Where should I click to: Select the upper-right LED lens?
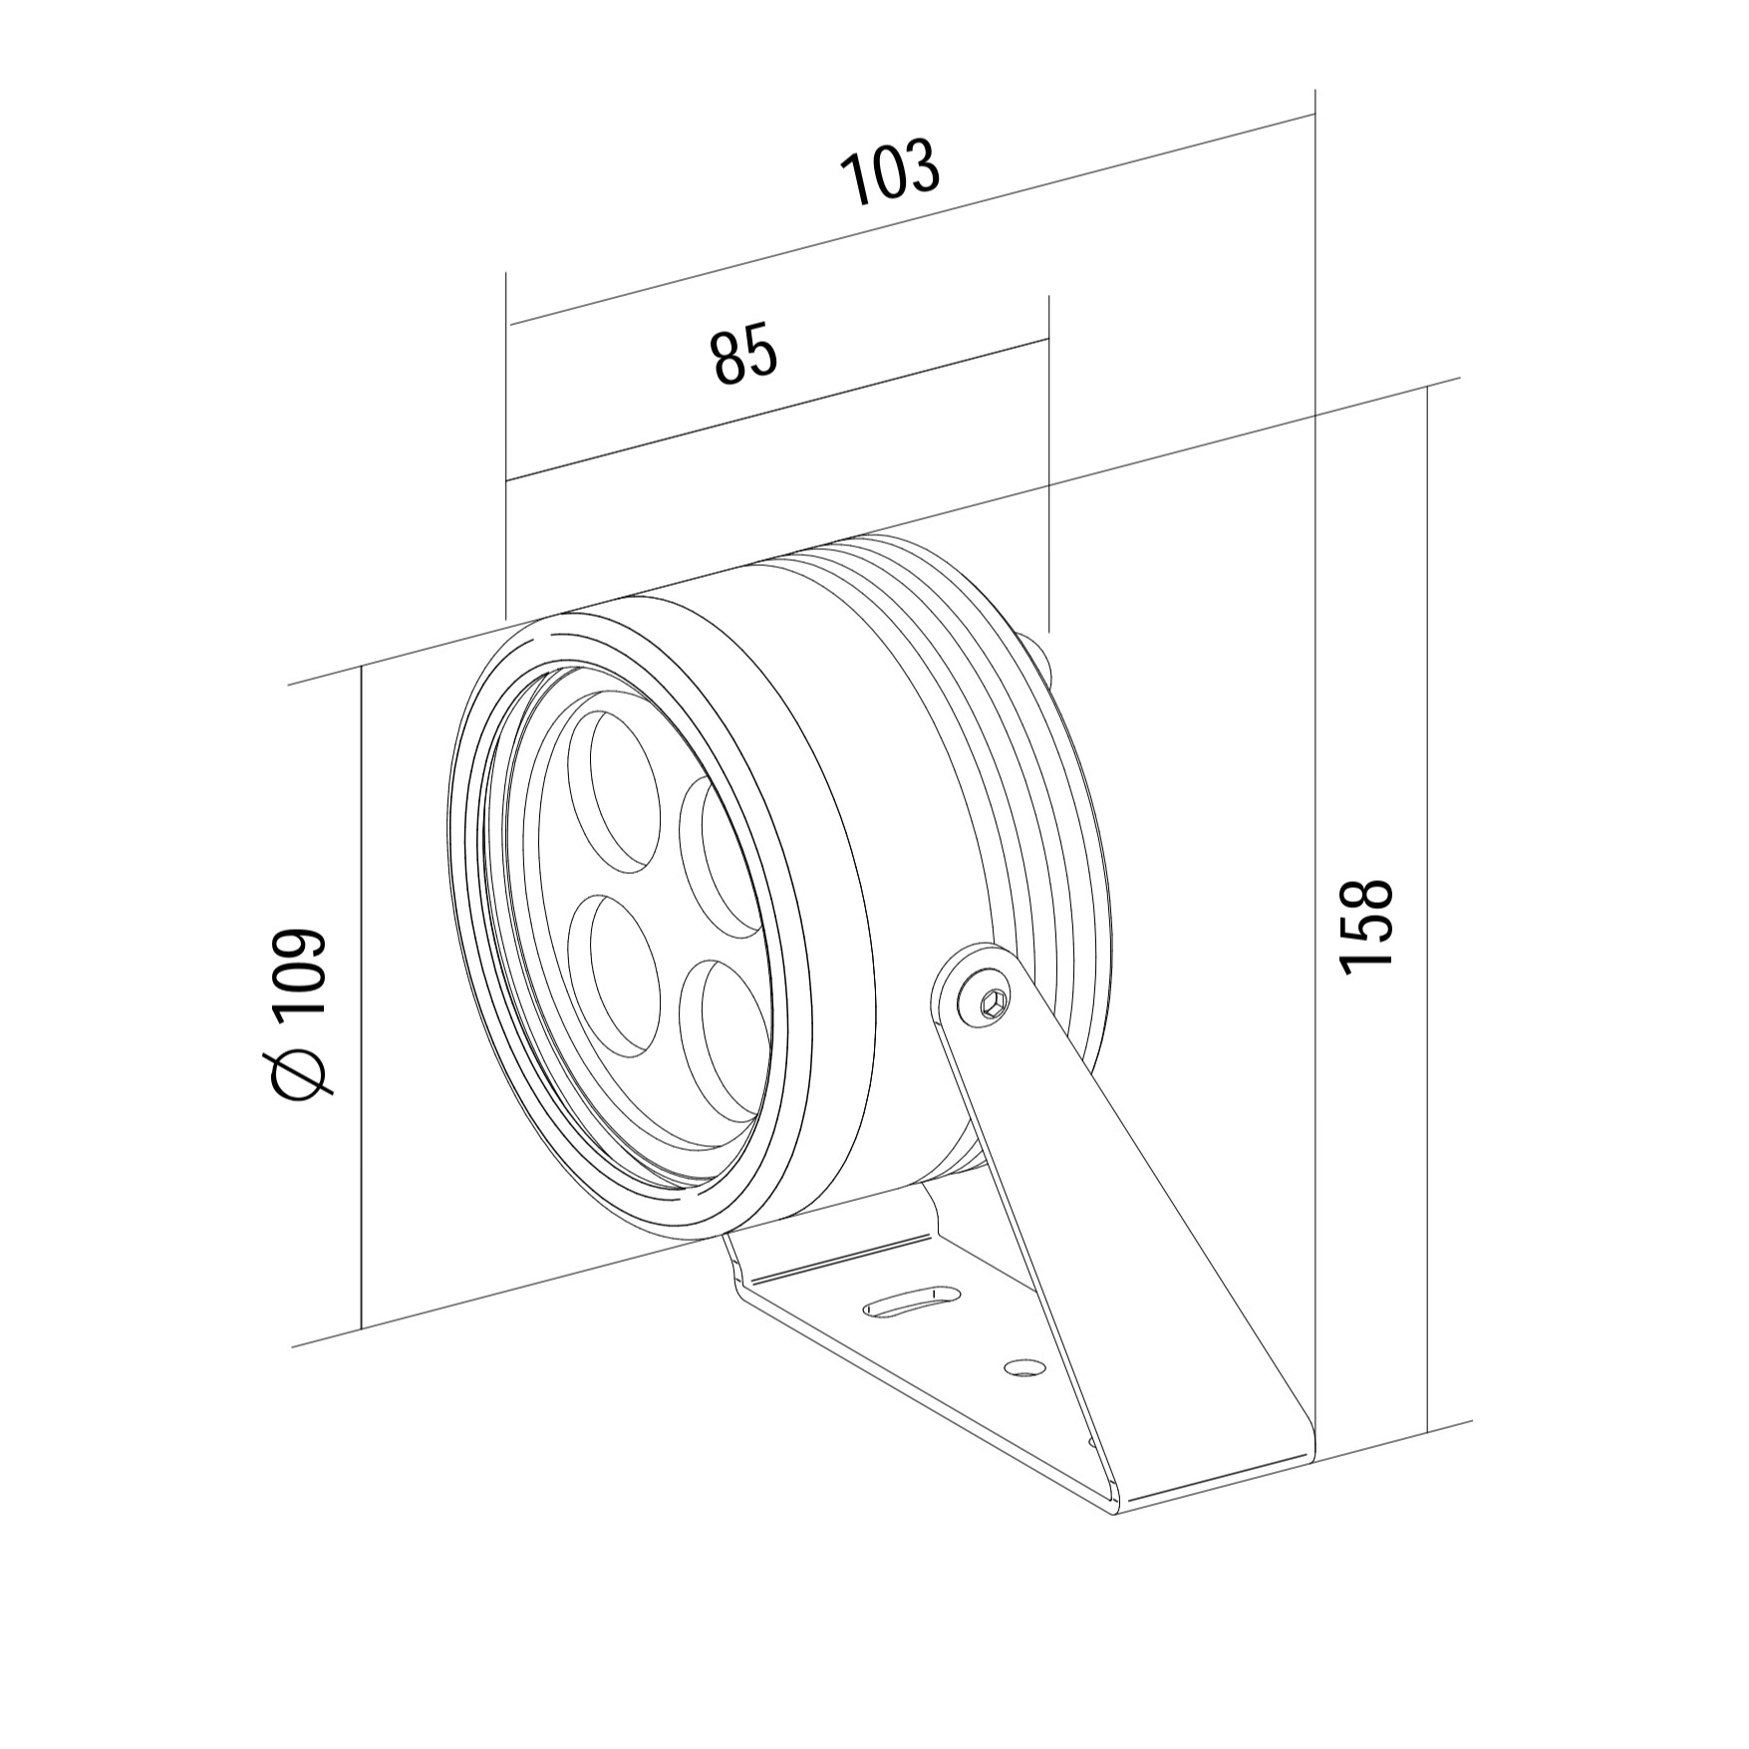[720, 857]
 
